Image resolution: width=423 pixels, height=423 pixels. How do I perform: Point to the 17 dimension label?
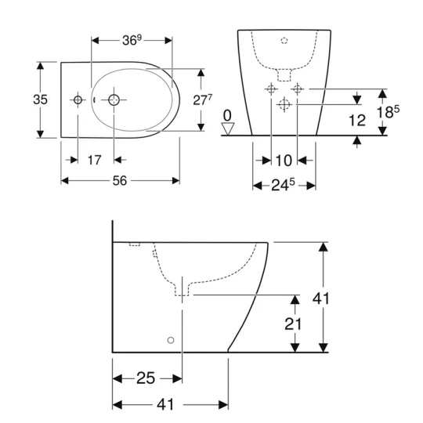(x=94, y=160)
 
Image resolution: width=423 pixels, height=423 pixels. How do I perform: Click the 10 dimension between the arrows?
(x=284, y=160)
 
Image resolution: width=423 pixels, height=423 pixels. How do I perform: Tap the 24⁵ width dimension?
(x=284, y=186)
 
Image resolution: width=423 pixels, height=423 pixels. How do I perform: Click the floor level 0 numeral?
(x=227, y=115)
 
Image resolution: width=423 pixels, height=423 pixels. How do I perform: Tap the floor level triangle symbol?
(x=227, y=128)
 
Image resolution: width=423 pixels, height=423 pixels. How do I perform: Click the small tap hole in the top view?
(x=78, y=100)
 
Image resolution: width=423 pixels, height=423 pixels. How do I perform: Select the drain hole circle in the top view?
(x=114, y=100)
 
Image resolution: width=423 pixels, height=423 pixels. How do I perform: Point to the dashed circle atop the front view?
(x=284, y=38)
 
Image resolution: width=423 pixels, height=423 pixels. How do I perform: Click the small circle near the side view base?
(x=169, y=341)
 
